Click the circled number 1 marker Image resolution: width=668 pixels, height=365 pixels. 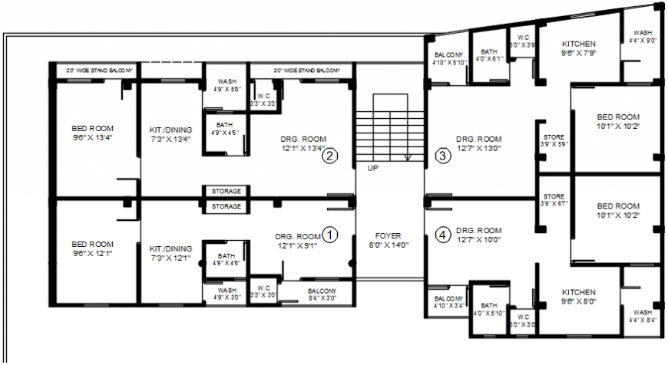[330, 235]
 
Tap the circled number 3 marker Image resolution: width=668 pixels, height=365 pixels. [443, 156]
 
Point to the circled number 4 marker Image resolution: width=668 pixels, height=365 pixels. [443, 235]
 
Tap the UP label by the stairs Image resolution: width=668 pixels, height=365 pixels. [372, 167]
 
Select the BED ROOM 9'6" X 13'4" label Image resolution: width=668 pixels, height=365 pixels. [92, 133]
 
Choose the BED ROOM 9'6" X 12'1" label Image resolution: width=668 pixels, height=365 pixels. [92, 249]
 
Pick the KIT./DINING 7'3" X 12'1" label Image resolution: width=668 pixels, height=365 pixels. [170, 253]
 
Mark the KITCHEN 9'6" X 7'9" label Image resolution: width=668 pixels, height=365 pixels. [579, 48]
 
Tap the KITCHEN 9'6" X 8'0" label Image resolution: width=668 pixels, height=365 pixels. [578, 297]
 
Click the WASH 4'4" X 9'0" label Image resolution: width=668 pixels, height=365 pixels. [642, 38]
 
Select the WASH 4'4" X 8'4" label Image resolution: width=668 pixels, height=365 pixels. [642, 317]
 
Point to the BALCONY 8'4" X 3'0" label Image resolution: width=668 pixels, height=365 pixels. [322, 294]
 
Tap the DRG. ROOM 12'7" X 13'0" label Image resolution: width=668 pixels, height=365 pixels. [478, 143]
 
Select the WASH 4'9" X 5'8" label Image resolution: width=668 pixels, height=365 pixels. [227, 84]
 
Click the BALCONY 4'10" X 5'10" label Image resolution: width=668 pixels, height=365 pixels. [448, 59]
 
